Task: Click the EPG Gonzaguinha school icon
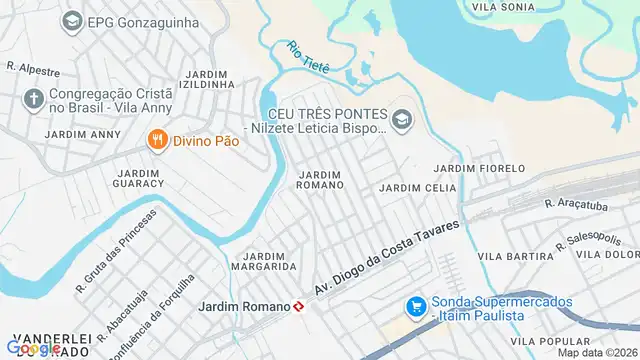(x=72, y=20)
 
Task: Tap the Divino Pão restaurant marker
(x=157, y=141)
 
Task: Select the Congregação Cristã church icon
(x=33, y=100)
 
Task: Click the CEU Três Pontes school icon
(x=401, y=120)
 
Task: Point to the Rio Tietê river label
(x=308, y=56)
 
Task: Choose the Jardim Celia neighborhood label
(x=411, y=188)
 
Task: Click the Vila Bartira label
(x=509, y=257)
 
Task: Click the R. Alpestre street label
(x=33, y=70)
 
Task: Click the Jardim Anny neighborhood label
(x=82, y=134)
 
